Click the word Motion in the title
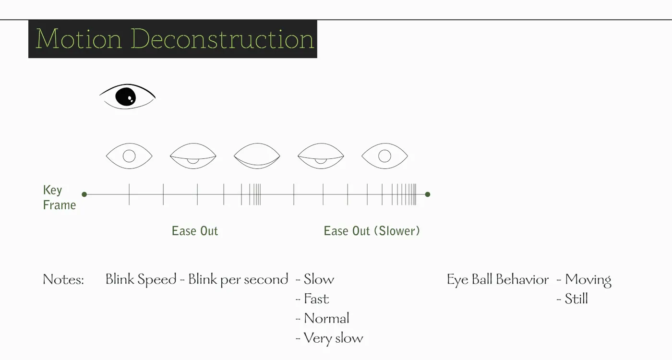tap(79, 39)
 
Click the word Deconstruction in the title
tap(222, 39)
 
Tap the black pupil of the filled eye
tap(125, 97)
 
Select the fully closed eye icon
tap(257, 156)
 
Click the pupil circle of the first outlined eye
tap(129, 150)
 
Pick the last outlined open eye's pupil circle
tap(384, 150)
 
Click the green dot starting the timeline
tap(84, 194)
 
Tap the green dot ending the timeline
tap(428, 194)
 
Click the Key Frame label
tap(59, 197)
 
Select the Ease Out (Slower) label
tap(372, 231)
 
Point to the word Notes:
tap(63, 279)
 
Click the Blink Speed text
tap(141, 279)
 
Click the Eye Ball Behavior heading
tap(498, 279)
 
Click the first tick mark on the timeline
tap(129, 194)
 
